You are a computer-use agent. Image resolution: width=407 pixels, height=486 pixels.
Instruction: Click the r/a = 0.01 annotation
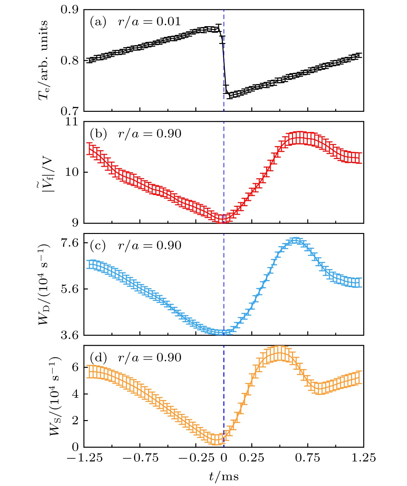pos(149,22)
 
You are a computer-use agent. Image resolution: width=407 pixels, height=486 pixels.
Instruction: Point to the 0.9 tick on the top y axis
pos(69,10)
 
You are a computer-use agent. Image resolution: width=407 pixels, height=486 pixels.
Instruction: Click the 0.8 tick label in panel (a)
pos(69,60)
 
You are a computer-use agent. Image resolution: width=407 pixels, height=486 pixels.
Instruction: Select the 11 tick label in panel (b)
pos(72,122)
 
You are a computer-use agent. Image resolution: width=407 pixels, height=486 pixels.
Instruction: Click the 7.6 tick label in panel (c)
pos(69,243)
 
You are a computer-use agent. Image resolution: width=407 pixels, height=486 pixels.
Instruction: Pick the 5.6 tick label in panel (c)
pos(69,289)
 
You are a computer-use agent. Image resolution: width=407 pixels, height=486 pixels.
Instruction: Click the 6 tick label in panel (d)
pos(75,367)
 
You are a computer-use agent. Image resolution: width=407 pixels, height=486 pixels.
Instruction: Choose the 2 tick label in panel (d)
pos(75,420)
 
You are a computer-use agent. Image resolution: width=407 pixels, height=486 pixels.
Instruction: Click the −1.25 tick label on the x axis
pos(85,458)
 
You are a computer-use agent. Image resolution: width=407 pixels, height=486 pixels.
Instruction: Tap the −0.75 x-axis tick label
pos(141,458)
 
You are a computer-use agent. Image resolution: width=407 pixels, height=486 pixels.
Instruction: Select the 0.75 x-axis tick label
pos(308,458)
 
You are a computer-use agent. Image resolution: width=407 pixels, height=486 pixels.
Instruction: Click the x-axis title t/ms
pos(224,476)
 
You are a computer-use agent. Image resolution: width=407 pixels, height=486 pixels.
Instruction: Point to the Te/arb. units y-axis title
pos(44,60)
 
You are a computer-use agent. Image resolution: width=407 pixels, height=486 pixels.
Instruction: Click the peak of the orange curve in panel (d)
pos(280,354)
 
